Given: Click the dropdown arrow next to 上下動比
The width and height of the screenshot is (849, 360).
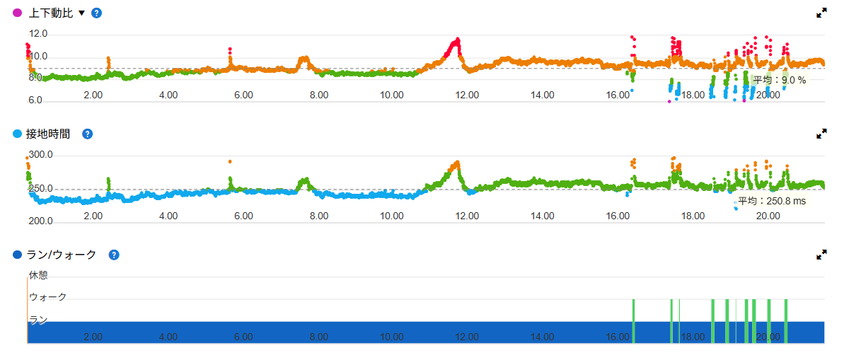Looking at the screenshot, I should pyautogui.click(x=81, y=13).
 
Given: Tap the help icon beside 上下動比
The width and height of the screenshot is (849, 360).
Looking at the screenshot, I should pyautogui.click(x=97, y=13).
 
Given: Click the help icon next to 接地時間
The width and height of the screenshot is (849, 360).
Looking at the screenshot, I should pyautogui.click(x=87, y=134).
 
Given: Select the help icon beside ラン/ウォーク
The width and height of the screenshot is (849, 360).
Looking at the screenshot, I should pyautogui.click(x=113, y=255).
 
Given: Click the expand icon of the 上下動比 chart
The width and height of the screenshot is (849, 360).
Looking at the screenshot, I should pyautogui.click(x=821, y=13).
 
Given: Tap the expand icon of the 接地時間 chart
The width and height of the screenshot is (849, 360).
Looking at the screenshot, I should pyautogui.click(x=821, y=134).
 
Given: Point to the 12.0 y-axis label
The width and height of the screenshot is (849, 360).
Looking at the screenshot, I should pyautogui.click(x=38, y=33).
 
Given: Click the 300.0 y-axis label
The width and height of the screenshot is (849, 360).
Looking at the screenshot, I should pyautogui.click(x=41, y=155).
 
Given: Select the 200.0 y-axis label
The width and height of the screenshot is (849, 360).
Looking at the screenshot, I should pyautogui.click(x=41, y=221).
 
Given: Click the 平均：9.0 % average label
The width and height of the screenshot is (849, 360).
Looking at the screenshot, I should pyautogui.click(x=779, y=80).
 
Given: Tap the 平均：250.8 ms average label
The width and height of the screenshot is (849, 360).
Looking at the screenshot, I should pyautogui.click(x=772, y=202).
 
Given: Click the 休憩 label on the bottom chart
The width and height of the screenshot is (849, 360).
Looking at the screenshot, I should pyautogui.click(x=38, y=275).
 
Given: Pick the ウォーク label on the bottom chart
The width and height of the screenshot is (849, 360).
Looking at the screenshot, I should pyautogui.click(x=47, y=297).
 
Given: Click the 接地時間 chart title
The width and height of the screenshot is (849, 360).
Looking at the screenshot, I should pyautogui.click(x=50, y=134).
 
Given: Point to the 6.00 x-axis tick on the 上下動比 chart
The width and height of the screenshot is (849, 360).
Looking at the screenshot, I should pyautogui.click(x=243, y=95).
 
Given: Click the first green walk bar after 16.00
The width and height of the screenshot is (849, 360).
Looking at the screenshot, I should pyautogui.click(x=633, y=321).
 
